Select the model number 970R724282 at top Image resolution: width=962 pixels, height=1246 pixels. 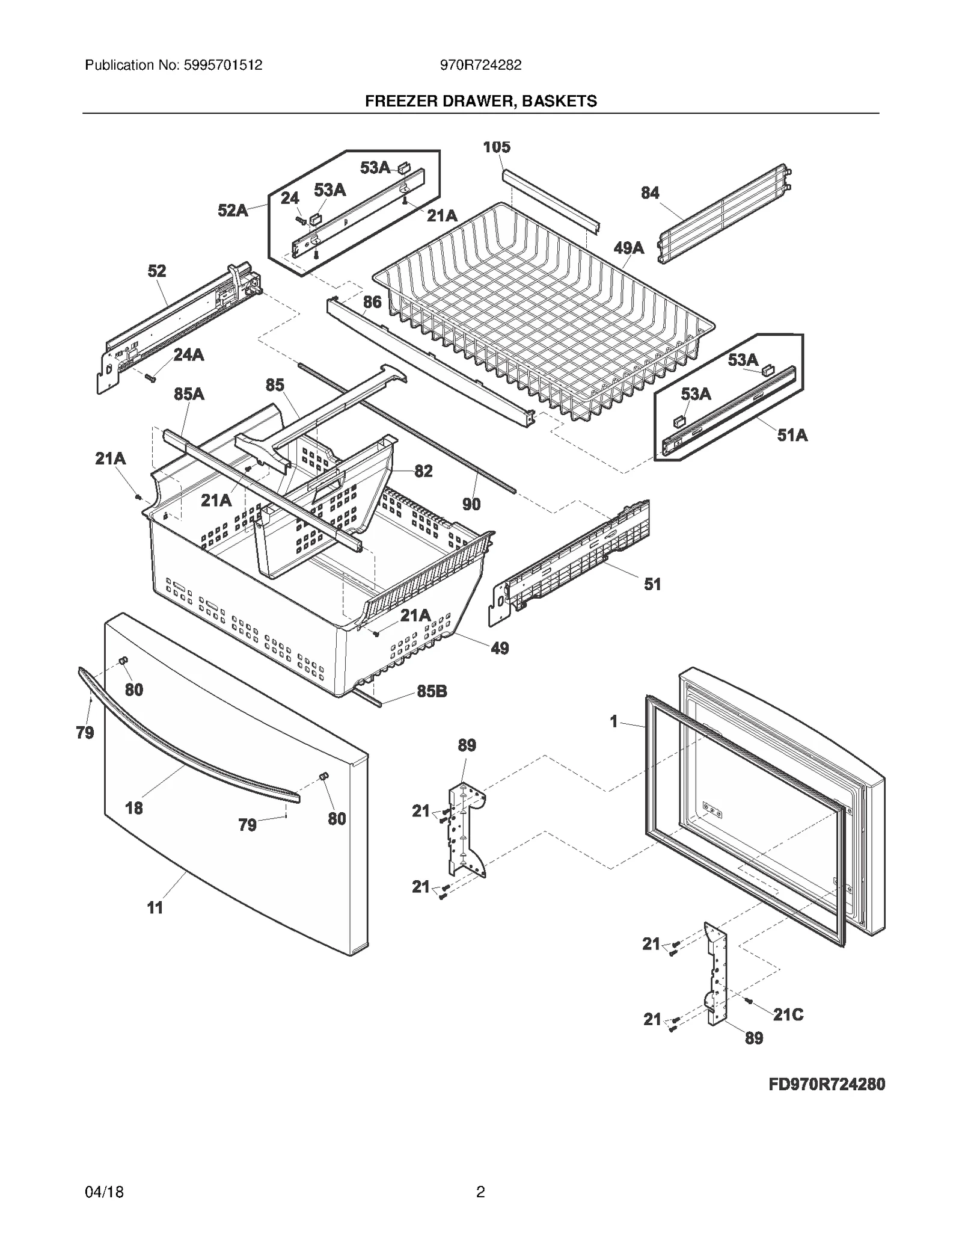point(480,65)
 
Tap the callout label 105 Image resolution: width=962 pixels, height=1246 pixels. point(497,147)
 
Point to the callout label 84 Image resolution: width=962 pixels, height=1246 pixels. point(650,193)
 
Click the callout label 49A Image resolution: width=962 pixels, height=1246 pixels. point(629,248)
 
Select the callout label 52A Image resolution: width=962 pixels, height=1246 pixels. point(233,211)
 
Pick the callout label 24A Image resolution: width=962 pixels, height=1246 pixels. point(189,356)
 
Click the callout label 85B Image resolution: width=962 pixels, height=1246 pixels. point(432,692)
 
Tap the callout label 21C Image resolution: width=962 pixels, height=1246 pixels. point(788,1015)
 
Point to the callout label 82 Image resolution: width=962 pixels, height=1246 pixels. point(423,471)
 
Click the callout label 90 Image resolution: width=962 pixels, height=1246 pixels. point(471,505)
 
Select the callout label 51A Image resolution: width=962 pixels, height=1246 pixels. point(792,435)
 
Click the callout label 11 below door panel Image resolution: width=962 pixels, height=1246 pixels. point(155,908)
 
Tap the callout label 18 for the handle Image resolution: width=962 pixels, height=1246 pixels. point(133,808)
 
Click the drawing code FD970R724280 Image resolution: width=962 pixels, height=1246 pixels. point(827,1084)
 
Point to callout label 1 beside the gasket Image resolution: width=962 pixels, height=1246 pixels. point(614,721)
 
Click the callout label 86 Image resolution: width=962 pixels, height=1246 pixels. point(372,302)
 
